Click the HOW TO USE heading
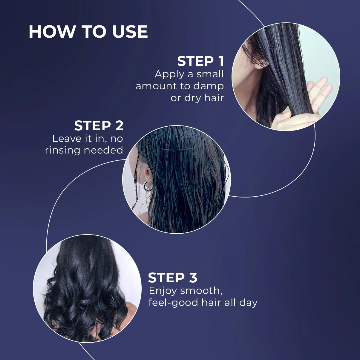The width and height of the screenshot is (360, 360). coord(88,32)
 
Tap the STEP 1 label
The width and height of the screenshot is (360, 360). coord(200,61)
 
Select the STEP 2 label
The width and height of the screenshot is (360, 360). coord(99,126)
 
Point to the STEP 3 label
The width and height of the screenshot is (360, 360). coord(173,278)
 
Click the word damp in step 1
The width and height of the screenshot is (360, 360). coord(209,86)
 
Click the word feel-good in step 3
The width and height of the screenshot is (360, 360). coord(174,303)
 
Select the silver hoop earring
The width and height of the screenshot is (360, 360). coord(148,186)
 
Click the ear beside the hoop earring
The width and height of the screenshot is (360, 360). coord(147,173)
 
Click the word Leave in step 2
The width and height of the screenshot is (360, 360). coord(65,138)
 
